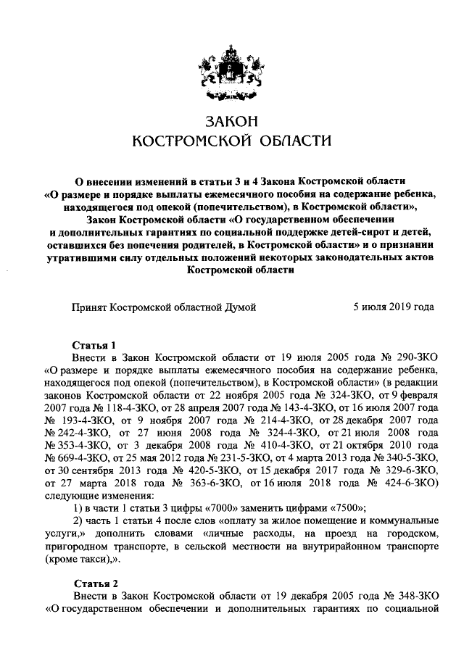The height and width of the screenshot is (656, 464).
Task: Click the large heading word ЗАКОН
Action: [231, 120]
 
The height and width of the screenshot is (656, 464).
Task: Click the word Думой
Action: [240, 307]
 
